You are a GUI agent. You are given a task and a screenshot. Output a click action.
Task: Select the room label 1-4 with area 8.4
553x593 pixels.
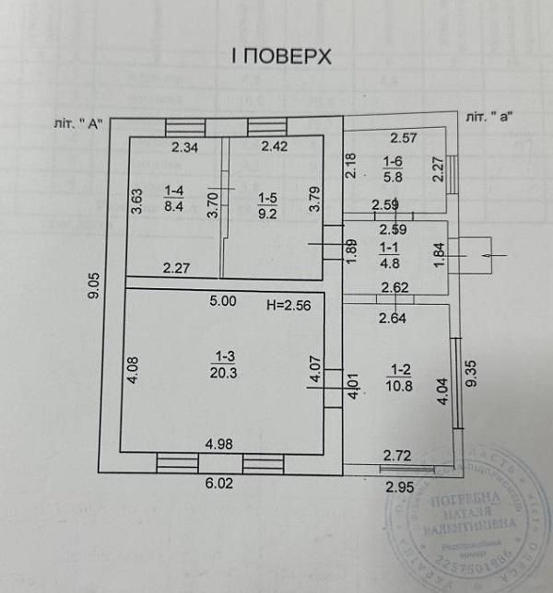[174, 198]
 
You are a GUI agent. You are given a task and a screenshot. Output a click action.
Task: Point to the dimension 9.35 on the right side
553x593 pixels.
[473, 377]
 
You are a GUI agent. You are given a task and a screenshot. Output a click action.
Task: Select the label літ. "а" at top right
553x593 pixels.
[489, 117]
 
